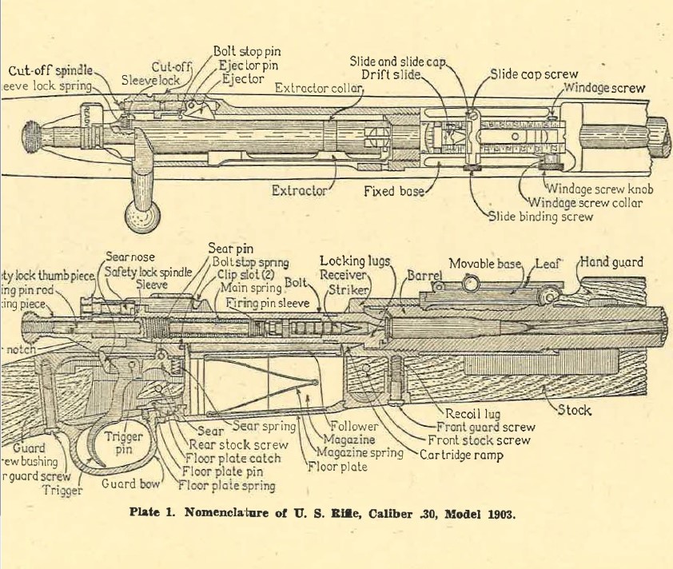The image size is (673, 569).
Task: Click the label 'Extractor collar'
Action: [x=319, y=87]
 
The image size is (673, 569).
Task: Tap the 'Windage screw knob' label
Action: [x=599, y=189]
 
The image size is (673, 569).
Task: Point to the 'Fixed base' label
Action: [x=394, y=191]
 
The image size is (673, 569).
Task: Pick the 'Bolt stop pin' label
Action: [x=247, y=51]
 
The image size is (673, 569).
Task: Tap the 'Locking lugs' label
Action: [x=354, y=261]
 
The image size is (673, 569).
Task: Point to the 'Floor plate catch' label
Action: [x=233, y=459]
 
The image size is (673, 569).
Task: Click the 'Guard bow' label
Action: [x=132, y=483]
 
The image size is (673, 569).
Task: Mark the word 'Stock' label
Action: [x=574, y=411]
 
